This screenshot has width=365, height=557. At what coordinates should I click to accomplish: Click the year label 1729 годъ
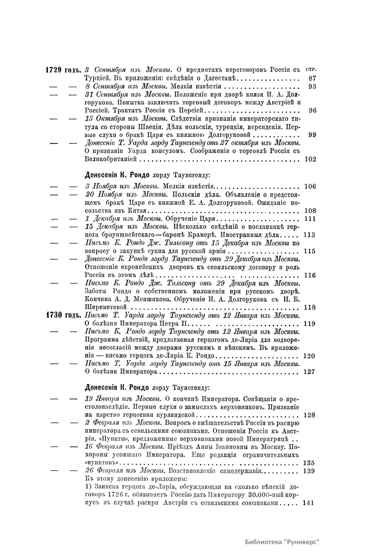tap(63, 70)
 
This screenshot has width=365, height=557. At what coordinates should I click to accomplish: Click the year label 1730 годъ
tap(63, 315)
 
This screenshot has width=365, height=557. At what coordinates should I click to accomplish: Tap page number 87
tap(312, 78)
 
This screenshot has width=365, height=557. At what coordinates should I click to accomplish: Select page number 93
tap(312, 86)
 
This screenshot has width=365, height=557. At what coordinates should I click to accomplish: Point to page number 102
tap(310, 159)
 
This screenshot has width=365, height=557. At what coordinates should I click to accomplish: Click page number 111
tap(310, 219)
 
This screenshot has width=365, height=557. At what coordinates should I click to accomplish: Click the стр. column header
tap(311, 70)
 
